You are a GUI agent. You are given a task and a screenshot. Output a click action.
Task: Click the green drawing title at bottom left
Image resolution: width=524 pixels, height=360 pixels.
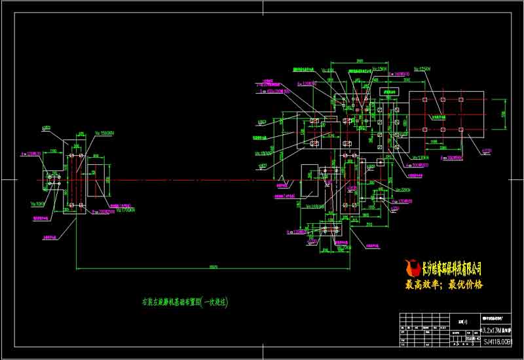pyautogui.click(x=185, y=302)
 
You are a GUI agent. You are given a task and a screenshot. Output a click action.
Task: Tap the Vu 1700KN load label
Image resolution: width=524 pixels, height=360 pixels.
pyautogui.click(x=124, y=210)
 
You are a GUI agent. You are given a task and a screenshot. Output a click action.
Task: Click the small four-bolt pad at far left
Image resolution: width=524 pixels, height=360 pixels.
pyautogui.click(x=52, y=180)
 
